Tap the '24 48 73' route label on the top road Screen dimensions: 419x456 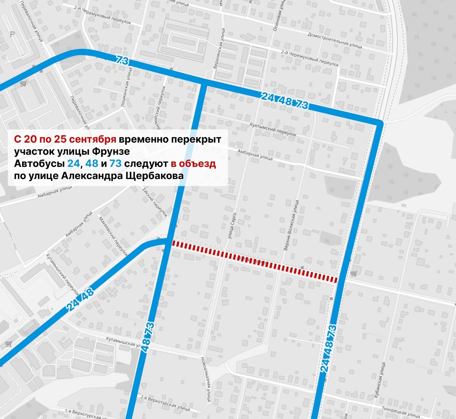(x=285, y=100)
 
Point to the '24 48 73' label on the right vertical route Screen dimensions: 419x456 (x=329, y=348)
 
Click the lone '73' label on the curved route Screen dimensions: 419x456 (x=123, y=60)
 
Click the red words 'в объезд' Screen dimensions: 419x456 (x=193, y=163)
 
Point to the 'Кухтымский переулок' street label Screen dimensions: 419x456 (x=273, y=129)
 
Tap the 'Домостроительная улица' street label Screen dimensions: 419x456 (x=334, y=40)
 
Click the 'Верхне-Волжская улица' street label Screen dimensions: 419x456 (x=291, y=225)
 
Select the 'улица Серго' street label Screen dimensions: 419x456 (x=232, y=225)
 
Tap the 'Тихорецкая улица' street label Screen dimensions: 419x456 (x=401, y=412)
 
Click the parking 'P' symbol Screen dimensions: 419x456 (x=12, y=34)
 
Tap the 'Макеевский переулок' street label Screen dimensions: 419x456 (x=113, y=236)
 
